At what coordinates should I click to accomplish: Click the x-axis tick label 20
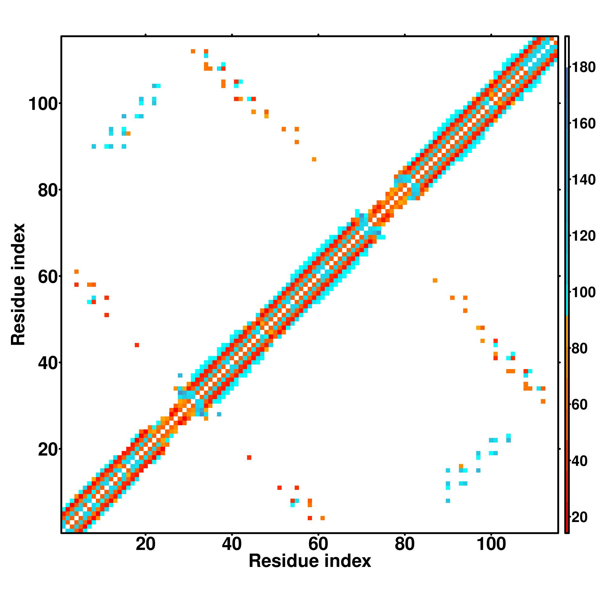145,544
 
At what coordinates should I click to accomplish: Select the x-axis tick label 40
232,544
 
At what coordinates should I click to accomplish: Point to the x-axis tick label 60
318,544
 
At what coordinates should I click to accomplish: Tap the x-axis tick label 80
405,544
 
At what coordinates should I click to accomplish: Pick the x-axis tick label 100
491,544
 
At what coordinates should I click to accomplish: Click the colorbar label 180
583,67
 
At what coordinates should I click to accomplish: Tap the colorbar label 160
583,124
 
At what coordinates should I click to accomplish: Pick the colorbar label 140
583,180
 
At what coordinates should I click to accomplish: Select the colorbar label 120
583,236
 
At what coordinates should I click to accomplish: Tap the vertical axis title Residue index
18,284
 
